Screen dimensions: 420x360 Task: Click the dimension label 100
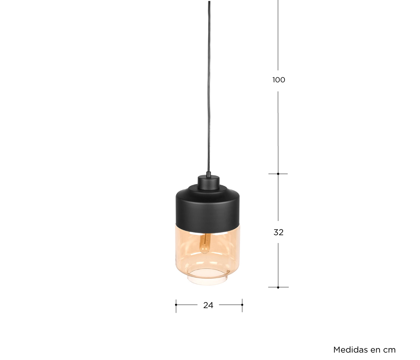[279, 80]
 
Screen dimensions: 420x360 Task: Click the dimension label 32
[278, 232]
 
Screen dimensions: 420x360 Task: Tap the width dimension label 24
[208, 305]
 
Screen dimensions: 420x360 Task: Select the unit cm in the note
[390, 351]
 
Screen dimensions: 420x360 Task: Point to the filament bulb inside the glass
[205, 244]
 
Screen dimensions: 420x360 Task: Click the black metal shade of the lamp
[208, 209]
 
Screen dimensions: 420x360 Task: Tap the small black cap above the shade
[209, 182]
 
